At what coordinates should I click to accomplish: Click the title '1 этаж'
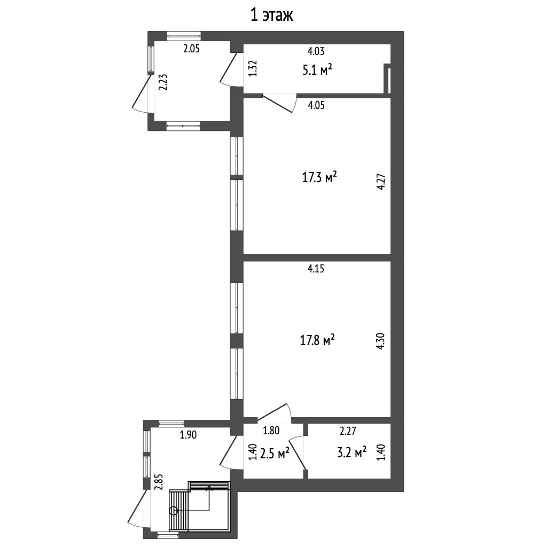(x=272, y=15)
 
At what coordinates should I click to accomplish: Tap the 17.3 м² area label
(x=319, y=177)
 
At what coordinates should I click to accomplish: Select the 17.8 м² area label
(x=317, y=340)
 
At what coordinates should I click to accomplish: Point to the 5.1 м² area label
(x=317, y=70)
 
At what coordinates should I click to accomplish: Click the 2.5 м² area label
(x=275, y=453)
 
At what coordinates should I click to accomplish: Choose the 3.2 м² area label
(x=351, y=452)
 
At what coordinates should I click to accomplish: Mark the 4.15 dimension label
(x=316, y=269)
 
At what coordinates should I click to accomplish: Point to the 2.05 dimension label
(x=192, y=49)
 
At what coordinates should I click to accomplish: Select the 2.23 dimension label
(x=163, y=82)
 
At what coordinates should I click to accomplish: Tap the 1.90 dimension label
(x=189, y=435)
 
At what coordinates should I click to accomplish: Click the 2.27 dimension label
(x=348, y=431)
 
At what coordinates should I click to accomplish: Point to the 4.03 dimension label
(x=316, y=51)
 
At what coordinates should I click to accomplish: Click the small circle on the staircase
(x=173, y=511)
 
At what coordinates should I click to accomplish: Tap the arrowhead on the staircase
(x=209, y=488)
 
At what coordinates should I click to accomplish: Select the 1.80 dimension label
(x=271, y=431)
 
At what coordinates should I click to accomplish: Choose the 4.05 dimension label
(x=316, y=105)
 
